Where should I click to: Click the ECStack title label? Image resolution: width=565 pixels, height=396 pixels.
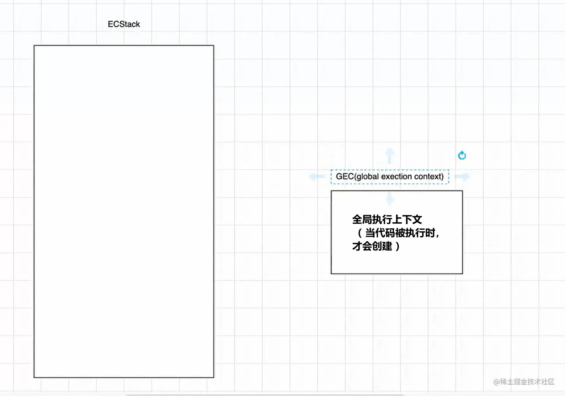124,24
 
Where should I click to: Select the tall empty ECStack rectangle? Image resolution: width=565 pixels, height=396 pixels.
124,211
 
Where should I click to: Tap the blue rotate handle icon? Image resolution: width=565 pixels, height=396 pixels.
462,156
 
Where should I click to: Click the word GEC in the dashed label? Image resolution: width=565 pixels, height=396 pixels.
345,176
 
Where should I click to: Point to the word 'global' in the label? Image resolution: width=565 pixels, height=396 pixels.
367,176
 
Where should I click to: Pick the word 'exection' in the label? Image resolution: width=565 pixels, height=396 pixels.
396,176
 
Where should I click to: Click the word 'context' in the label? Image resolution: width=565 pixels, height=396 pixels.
428,176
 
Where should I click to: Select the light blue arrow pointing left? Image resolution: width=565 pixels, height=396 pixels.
316,176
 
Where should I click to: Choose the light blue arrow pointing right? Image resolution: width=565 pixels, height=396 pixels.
462,176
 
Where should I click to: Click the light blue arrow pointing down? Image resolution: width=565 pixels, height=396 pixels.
389,198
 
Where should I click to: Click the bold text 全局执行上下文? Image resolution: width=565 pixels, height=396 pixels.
387,220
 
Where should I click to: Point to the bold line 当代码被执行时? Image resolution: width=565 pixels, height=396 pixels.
400,233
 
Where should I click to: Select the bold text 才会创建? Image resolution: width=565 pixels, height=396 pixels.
372,246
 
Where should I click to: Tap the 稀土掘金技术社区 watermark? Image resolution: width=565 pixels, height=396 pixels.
527,382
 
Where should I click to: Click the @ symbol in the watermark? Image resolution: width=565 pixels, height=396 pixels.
496,382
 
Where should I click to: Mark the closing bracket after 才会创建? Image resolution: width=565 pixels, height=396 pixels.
397,247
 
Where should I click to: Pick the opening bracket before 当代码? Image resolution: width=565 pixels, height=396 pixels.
359,233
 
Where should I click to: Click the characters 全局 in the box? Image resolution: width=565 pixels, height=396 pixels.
362,220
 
